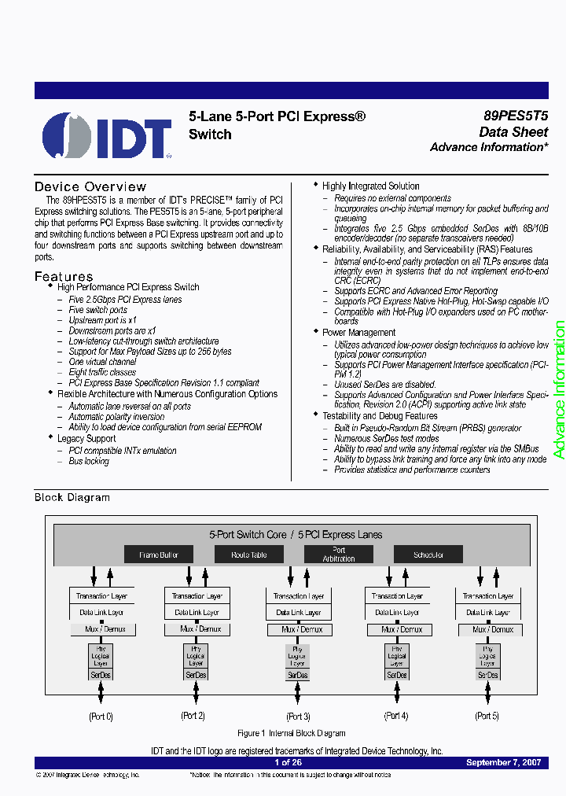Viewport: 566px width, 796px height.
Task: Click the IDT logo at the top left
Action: [x=107, y=136]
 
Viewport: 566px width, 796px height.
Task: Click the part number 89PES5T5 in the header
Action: [x=516, y=115]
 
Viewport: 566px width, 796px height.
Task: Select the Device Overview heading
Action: [x=90, y=186]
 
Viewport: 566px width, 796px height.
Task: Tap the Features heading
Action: [x=64, y=276]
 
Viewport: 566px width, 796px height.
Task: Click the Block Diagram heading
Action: [x=72, y=497]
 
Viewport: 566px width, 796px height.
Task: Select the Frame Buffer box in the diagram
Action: [x=159, y=555]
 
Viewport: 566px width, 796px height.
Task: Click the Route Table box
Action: [x=248, y=555]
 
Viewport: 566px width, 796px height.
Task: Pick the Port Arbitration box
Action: [x=339, y=555]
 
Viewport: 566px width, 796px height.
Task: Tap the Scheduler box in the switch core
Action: [x=428, y=555]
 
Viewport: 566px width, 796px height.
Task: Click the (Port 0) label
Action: [x=101, y=716]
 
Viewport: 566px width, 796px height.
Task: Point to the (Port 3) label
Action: [x=298, y=716]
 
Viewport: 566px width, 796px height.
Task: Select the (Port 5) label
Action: [x=487, y=716]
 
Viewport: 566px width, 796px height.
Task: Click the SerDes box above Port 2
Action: [x=197, y=675]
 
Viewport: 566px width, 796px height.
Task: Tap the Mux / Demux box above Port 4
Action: [x=399, y=629]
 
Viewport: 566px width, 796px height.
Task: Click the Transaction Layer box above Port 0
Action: [x=101, y=596]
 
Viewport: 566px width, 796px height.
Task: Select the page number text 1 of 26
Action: [x=288, y=763]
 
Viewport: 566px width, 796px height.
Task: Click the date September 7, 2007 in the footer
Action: [x=503, y=763]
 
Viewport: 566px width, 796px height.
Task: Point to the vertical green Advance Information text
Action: [x=559, y=389]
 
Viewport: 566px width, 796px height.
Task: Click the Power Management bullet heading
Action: [x=358, y=333]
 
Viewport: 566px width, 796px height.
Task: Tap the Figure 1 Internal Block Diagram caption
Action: [x=292, y=733]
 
